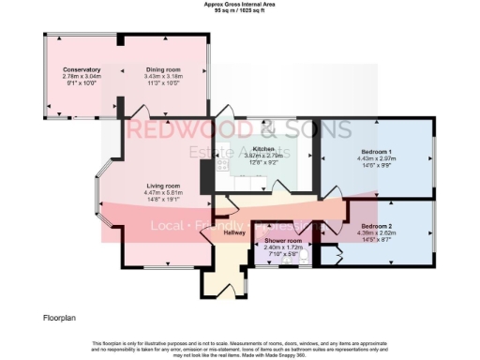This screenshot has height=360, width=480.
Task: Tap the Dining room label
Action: [x=161, y=70]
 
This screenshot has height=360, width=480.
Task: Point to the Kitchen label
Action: [x=263, y=149]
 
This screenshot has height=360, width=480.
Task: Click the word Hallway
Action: [x=233, y=232]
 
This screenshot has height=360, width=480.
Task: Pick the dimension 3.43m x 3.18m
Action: [x=161, y=77]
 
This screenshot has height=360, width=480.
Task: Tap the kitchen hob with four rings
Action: [x=223, y=170]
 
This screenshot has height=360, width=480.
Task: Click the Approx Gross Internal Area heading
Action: [x=240, y=4]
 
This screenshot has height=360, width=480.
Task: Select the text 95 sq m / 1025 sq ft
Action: [x=240, y=10]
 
